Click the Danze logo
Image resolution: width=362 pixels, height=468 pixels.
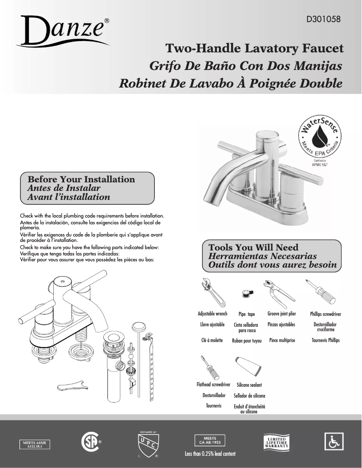(63, 30)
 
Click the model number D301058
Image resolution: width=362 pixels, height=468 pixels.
(323, 20)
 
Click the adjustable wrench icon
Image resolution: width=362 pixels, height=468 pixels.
(211, 292)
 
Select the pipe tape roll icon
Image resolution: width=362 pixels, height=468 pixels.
(246, 292)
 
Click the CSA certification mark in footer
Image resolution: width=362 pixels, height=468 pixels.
(89, 443)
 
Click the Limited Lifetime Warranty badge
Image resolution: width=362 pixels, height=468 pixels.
(276, 442)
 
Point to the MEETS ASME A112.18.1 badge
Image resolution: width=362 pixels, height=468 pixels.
(34, 444)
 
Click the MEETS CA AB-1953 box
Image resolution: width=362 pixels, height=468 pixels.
(209, 440)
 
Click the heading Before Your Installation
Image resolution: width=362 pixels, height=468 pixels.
(81, 180)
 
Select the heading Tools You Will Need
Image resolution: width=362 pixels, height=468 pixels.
(253, 247)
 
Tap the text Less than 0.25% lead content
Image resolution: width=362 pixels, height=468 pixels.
(210, 454)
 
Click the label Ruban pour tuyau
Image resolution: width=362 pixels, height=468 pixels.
(246, 341)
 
